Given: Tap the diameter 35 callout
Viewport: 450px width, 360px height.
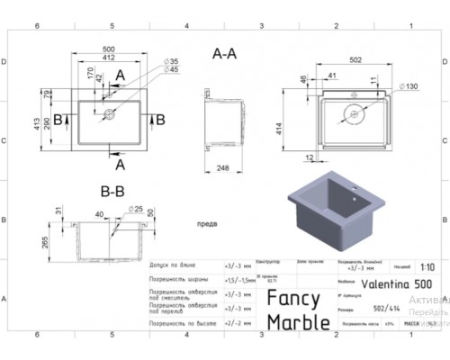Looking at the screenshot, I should coord(172,60).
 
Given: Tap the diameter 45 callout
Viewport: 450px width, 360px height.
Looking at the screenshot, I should coord(172,69).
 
